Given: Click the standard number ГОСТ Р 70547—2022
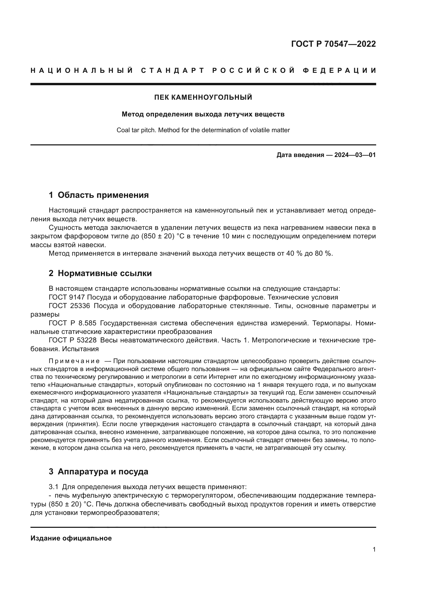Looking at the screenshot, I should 333,44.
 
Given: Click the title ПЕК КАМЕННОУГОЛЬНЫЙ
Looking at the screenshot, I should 203,97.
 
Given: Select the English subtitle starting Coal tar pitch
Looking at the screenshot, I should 203,130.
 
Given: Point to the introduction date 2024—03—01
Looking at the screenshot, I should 355,155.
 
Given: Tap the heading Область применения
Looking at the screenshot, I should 103,195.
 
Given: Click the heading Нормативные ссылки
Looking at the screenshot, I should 105,273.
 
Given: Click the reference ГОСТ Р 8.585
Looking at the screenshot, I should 73,323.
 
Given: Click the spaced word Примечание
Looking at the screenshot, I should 74,361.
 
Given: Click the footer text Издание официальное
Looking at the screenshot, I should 71,538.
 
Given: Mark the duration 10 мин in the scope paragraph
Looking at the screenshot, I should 234,236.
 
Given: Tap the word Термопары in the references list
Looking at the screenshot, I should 331,323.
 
